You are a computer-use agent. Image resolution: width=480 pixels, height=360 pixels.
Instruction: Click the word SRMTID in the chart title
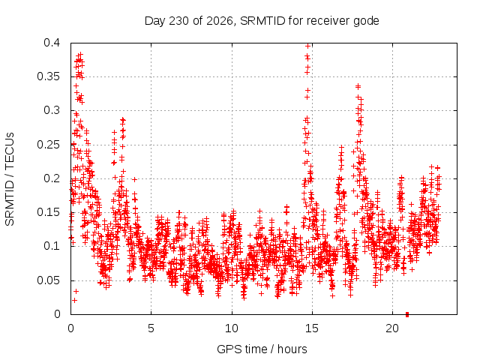click(x=262, y=21)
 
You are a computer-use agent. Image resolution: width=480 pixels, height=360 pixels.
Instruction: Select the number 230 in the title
click(x=179, y=21)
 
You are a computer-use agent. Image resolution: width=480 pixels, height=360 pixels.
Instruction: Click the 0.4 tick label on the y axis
click(x=52, y=43)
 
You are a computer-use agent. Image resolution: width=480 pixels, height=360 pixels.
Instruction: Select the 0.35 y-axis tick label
click(x=48, y=76)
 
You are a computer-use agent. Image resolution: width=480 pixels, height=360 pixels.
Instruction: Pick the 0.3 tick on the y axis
click(x=52, y=110)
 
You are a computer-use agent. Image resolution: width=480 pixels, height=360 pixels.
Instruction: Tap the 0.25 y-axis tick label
click(x=48, y=145)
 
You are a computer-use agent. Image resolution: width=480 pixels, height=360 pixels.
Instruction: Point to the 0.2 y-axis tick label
click(x=52, y=178)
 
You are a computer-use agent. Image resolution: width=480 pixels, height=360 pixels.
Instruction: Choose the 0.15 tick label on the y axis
click(x=48, y=212)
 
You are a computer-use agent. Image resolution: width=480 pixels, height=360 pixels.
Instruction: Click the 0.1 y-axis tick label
click(x=52, y=246)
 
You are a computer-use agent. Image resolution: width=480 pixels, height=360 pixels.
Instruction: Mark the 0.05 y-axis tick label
click(x=48, y=280)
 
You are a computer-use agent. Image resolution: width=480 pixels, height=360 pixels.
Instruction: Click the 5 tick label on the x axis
click(x=151, y=328)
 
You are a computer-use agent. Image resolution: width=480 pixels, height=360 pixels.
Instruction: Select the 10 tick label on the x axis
click(x=232, y=328)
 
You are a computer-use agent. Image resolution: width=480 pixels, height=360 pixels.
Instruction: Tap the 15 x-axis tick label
click(x=312, y=328)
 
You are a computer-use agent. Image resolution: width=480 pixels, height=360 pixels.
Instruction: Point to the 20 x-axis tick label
click(x=392, y=328)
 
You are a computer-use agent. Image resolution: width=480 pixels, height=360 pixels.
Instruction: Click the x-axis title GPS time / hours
click(x=262, y=349)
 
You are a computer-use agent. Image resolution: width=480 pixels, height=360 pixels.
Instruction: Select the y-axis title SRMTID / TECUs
click(x=10, y=179)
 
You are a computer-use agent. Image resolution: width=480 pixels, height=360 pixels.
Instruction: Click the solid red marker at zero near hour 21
click(x=407, y=314)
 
